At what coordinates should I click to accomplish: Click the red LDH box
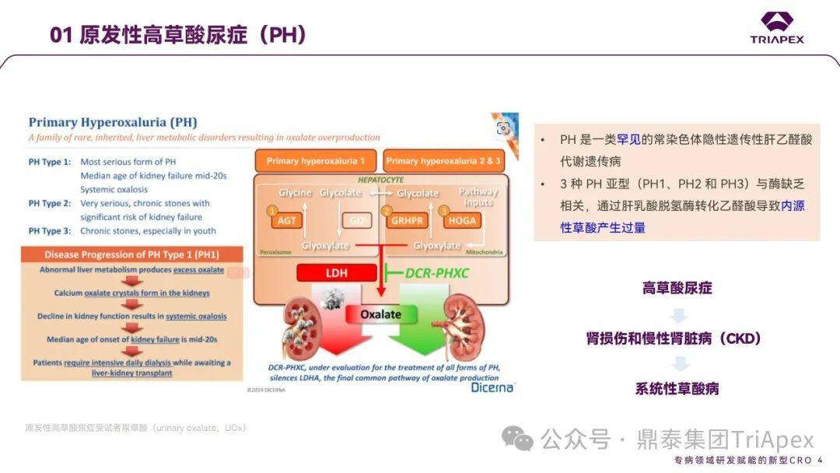click(x=336, y=273)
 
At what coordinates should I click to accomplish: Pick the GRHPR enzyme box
click(x=406, y=220)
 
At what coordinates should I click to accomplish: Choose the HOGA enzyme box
click(x=462, y=220)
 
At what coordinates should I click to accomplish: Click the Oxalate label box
click(x=380, y=314)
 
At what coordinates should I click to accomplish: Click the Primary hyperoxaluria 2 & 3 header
click(x=444, y=161)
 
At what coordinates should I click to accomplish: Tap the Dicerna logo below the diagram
click(x=492, y=387)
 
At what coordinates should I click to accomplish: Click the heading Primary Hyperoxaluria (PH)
click(x=113, y=122)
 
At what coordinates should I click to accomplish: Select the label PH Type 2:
click(x=50, y=204)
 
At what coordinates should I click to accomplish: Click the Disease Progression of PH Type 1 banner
click(x=132, y=254)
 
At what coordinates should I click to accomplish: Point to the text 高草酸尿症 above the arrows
click(x=677, y=288)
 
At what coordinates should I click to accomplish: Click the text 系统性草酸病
click(x=677, y=389)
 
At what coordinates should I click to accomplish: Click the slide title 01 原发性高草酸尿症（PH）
click(x=178, y=35)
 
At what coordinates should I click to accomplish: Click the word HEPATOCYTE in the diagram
click(x=380, y=178)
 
